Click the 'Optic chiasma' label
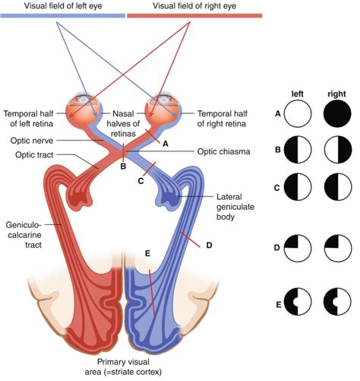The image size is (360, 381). [x=223, y=151]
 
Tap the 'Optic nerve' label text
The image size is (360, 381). [x=32, y=141]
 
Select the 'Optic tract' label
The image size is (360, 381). [x=34, y=154]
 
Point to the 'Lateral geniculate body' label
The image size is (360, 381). [x=235, y=207]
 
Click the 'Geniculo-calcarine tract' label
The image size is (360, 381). [x=24, y=235]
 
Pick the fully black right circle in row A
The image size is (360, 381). [x=337, y=113]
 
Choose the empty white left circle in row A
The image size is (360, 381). [x=298, y=113]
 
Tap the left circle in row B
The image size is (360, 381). [x=298, y=150]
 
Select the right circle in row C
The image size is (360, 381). [x=338, y=187]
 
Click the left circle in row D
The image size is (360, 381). [x=298, y=248]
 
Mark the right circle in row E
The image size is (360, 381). [x=337, y=301]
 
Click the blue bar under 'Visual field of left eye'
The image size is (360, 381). [x=63, y=16]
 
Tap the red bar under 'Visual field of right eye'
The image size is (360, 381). [x=194, y=16]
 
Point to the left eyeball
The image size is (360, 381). [x=84, y=109]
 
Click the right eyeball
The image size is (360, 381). [x=165, y=109]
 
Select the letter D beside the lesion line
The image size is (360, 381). [x=209, y=246]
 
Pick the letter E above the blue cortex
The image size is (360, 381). [x=147, y=253]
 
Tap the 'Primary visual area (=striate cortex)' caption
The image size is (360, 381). [x=123, y=367]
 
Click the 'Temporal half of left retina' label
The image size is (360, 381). [x=28, y=119]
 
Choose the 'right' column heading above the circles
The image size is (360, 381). [x=336, y=94]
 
